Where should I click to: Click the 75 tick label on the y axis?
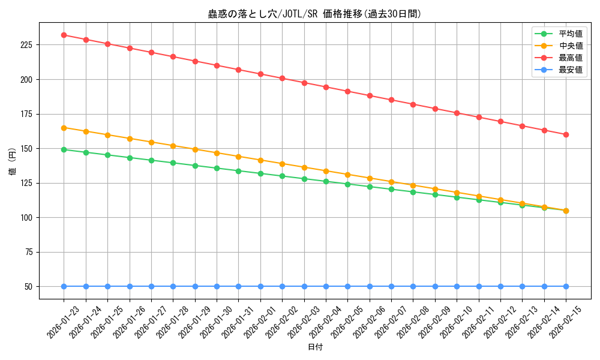[31, 252]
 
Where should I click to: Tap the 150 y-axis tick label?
[28, 149]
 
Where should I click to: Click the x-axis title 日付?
[315, 347]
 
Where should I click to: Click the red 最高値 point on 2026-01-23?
[64, 35]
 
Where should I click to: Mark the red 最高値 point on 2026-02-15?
[566, 134]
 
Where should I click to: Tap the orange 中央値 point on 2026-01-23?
[64, 128]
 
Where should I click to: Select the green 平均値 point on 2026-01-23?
[64, 149]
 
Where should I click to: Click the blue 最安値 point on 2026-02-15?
[566, 286]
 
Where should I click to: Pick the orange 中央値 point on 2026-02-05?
[347, 175]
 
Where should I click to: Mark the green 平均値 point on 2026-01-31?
[238, 171]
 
